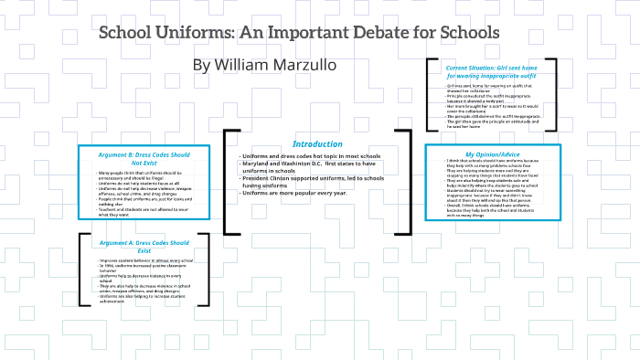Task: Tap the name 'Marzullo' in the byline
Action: point(305,66)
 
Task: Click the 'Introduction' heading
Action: point(317,144)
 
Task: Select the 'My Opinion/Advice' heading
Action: point(494,154)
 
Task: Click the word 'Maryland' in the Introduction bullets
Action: point(260,164)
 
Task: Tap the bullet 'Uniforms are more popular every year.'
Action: point(294,193)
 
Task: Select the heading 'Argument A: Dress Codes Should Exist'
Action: point(144,246)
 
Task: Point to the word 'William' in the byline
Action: point(242,66)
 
